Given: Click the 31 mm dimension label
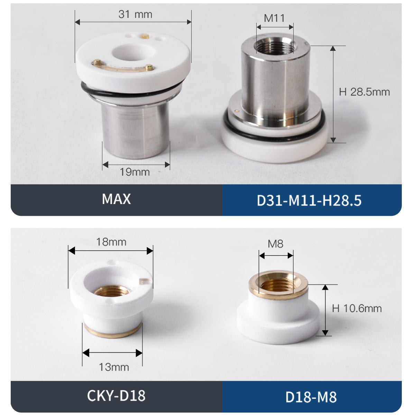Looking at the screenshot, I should coord(135,15).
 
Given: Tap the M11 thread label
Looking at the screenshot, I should coord(274,18).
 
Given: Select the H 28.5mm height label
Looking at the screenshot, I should coord(364,92).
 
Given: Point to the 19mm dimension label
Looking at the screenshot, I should coord(135,172).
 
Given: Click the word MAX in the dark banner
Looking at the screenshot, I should coord(116,199).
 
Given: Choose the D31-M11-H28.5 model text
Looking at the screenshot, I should coord(309,201).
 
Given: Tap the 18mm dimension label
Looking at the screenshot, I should coord(111,242).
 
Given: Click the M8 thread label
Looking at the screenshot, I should coord(275,244).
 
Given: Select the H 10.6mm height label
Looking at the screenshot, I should coord(357,308).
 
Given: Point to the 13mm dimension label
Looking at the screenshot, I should coord(114,367).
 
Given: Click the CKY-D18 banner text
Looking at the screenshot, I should coord(116,395).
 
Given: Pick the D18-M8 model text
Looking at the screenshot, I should coord(311,397).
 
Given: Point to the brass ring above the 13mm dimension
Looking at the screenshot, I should coord(112,331).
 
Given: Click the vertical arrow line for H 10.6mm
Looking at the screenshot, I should coord(325,310).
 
